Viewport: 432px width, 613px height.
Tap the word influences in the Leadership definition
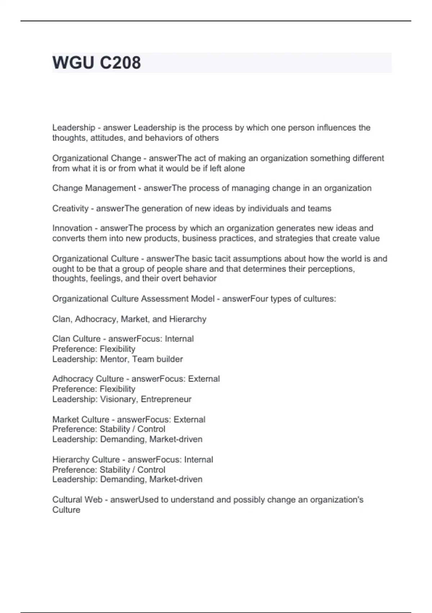[x=336, y=128]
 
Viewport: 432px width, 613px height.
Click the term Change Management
[x=94, y=188]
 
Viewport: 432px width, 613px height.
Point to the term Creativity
[x=70, y=208]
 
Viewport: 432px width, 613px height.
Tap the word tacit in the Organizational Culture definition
[x=225, y=259]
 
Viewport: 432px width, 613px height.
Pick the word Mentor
[x=114, y=359]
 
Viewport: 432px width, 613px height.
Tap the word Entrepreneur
[x=166, y=399]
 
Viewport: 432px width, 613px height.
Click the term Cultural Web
[x=77, y=500]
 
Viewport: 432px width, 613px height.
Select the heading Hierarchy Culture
[x=86, y=460]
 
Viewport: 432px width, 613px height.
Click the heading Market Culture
[x=81, y=420]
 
